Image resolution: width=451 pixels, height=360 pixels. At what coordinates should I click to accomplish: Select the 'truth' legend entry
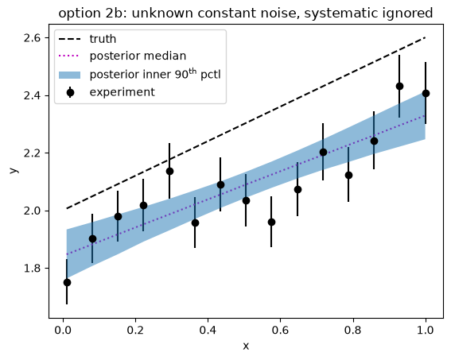pyautogui.click(x=87, y=39)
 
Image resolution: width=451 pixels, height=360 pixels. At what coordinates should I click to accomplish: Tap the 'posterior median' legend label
pyautogui.click(x=138, y=56)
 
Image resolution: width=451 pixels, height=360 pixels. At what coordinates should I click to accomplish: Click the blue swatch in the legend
pyautogui.click(x=69, y=75)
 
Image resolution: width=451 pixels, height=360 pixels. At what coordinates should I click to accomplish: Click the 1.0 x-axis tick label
pyautogui.click(x=425, y=330)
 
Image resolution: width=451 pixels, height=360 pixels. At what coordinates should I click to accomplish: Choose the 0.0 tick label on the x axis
pyautogui.click(x=63, y=330)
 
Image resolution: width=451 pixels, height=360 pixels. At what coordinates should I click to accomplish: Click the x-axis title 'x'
pyautogui.click(x=246, y=346)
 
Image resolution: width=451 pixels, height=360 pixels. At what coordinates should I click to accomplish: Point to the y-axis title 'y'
pyautogui.click(x=14, y=170)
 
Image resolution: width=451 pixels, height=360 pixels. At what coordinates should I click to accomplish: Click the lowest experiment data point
pyautogui.click(x=67, y=282)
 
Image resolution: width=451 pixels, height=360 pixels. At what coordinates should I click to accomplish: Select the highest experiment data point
pyautogui.click(x=399, y=86)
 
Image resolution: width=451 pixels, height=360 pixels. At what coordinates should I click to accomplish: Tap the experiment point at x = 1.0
pyautogui.click(x=426, y=93)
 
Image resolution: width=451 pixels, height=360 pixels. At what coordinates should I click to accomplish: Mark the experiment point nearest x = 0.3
pyautogui.click(x=169, y=172)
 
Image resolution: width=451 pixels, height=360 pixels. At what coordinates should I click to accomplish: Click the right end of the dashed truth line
pyautogui.click(x=426, y=37)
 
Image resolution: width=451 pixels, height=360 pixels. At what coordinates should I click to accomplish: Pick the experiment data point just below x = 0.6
pyautogui.click(x=271, y=222)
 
